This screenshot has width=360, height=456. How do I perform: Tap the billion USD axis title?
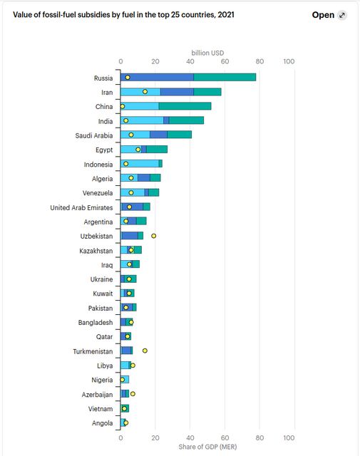pos(208,52)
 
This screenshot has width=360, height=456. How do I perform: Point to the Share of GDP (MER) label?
pos(208,446)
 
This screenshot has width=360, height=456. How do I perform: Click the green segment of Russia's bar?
pos(225,77)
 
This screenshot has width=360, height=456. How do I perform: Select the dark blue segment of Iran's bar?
pos(177,92)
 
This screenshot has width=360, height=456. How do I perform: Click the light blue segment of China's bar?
pos(140,106)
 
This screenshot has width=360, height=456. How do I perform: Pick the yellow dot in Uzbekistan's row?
pos(153,236)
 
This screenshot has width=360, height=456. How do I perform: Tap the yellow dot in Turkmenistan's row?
pos(145,351)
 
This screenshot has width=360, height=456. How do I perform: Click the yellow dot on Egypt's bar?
pos(138,150)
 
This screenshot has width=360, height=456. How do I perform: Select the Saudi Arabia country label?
pos(93,135)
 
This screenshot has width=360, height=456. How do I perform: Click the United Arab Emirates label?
pos(81,207)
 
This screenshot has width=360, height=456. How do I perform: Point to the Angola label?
pos(101,423)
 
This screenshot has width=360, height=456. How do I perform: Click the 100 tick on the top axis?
pos(289,62)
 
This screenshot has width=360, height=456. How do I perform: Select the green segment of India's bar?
pos(186,120)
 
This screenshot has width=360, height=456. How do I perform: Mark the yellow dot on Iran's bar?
pos(145,92)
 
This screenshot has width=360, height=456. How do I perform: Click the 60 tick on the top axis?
pos(225,62)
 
